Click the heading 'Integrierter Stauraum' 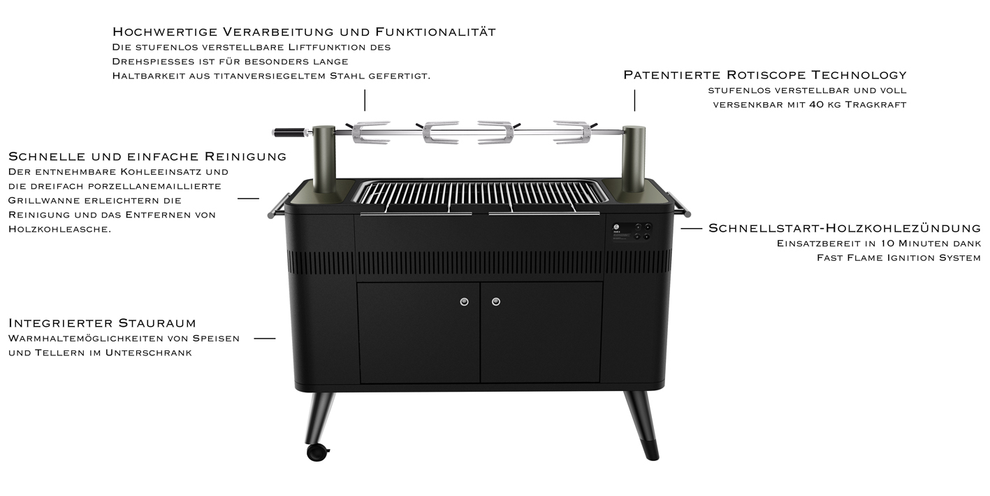(x=102, y=323)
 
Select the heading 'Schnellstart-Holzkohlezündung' (x=845, y=228)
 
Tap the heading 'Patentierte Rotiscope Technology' (x=765, y=75)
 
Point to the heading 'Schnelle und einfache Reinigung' (x=147, y=157)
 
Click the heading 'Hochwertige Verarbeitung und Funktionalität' (x=304, y=32)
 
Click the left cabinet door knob (x=464, y=302)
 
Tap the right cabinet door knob (x=496, y=302)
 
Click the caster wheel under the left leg (x=317, y=452)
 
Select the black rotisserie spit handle (x=289, y=132)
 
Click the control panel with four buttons (x=631, y=232)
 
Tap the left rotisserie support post (x=325, y=160)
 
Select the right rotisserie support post (x=634, y=160)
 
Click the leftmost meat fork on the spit (x=370, y=132)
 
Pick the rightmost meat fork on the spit (x=573, y=132)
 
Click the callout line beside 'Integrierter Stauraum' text (x=265, y=339)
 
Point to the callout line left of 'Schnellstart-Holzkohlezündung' (x=692, y=229)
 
